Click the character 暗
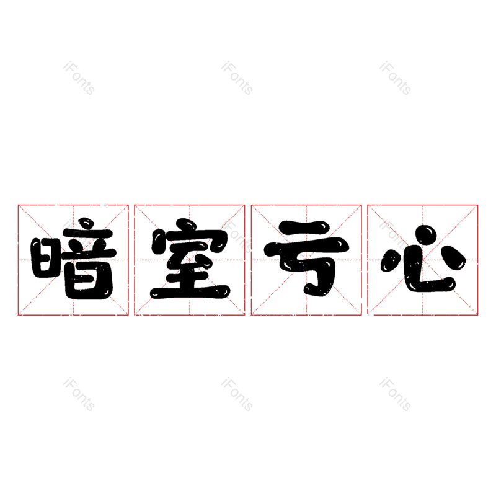[73, 259]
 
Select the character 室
[190, 259]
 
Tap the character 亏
[306, 259]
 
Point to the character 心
[423, 259]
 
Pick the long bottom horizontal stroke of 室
[190, 292]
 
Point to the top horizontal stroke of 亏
[304, 227]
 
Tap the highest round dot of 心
[426, 235]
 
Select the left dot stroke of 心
[391, 260]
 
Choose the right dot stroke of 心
[453, 258]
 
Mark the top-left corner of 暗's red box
[18, 205]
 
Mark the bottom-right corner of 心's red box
[477, 315]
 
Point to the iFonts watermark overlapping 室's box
[237, 236]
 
